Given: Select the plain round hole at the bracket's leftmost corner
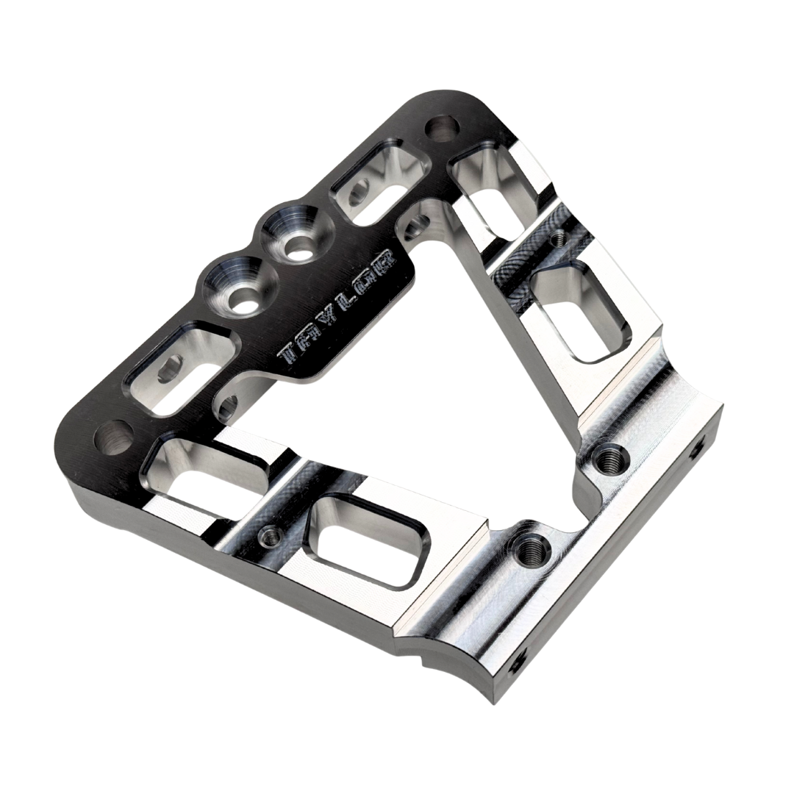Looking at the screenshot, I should click(111, 440).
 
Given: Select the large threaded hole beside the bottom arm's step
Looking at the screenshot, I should click(529, 547).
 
